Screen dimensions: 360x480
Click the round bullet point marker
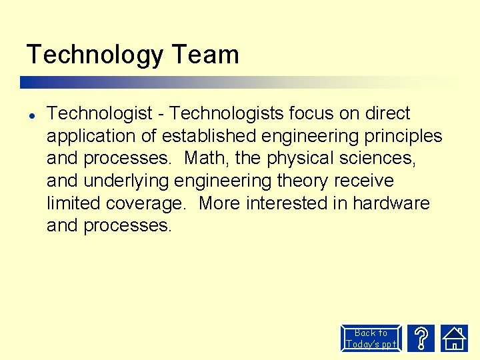coord(31,114)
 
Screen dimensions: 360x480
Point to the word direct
coord(388,113)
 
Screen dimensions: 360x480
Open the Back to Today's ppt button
coord(371,339)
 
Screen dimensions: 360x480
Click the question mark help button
coord(421,339)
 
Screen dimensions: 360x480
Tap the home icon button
coord(455,339)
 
